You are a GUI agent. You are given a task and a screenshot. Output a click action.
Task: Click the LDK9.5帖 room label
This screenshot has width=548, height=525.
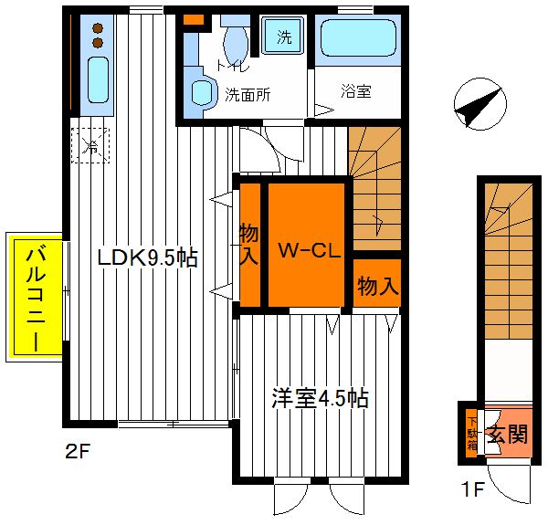point(147,258)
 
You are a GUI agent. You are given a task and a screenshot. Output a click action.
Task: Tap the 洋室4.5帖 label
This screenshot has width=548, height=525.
point(320,398)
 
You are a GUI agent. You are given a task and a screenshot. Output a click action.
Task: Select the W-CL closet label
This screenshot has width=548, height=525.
point(309,250)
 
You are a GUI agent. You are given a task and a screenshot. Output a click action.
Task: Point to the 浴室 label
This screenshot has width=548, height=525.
point(356,91)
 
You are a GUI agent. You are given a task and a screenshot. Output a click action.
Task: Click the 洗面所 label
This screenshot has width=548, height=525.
point(248,94)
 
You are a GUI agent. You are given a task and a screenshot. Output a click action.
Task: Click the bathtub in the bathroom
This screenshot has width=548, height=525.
point(358,37)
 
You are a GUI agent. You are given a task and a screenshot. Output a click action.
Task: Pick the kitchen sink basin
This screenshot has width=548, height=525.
point(98,79)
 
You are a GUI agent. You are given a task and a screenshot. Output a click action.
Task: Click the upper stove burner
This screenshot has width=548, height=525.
point(98,27)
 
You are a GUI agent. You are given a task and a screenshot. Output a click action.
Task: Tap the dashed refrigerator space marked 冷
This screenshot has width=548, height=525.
point(90,146)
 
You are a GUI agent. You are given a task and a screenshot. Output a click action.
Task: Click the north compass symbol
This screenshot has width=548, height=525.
point(480,104)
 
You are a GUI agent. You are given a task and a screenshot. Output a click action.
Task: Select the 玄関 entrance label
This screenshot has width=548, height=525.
point(508,435)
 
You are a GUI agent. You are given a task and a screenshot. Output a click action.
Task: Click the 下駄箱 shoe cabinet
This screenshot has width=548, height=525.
point(472,433)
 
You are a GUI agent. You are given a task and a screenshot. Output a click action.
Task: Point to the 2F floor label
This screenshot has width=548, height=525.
point(78,452)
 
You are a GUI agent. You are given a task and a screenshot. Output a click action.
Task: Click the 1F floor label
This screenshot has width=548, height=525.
point(473,489)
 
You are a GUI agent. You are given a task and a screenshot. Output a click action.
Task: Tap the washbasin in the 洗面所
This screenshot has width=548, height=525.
point(202,93)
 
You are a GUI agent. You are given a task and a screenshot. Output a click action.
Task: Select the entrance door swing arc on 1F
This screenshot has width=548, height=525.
point(503,493)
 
